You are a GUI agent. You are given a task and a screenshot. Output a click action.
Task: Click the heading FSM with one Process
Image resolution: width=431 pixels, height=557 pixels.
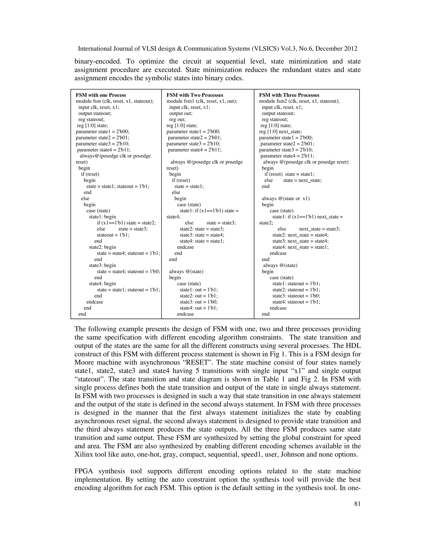coord(101,95)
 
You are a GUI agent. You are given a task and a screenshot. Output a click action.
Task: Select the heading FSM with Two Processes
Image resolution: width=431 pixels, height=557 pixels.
coord(195,95)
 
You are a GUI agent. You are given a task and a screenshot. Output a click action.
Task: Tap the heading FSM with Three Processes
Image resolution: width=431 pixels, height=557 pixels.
coord(289,95)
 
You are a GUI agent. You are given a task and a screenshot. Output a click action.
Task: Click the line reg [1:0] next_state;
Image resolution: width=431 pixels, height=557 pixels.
coord(280,132)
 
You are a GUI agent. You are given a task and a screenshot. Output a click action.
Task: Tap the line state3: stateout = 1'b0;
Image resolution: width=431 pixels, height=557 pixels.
coord(296,296)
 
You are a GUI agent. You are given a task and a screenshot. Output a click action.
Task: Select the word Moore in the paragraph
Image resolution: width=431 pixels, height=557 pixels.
coord(85,362)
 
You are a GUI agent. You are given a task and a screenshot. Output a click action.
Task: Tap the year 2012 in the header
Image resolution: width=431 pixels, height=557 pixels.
coord(351,49)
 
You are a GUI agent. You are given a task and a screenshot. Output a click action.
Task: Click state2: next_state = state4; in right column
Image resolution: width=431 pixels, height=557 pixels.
coord(300,235)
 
